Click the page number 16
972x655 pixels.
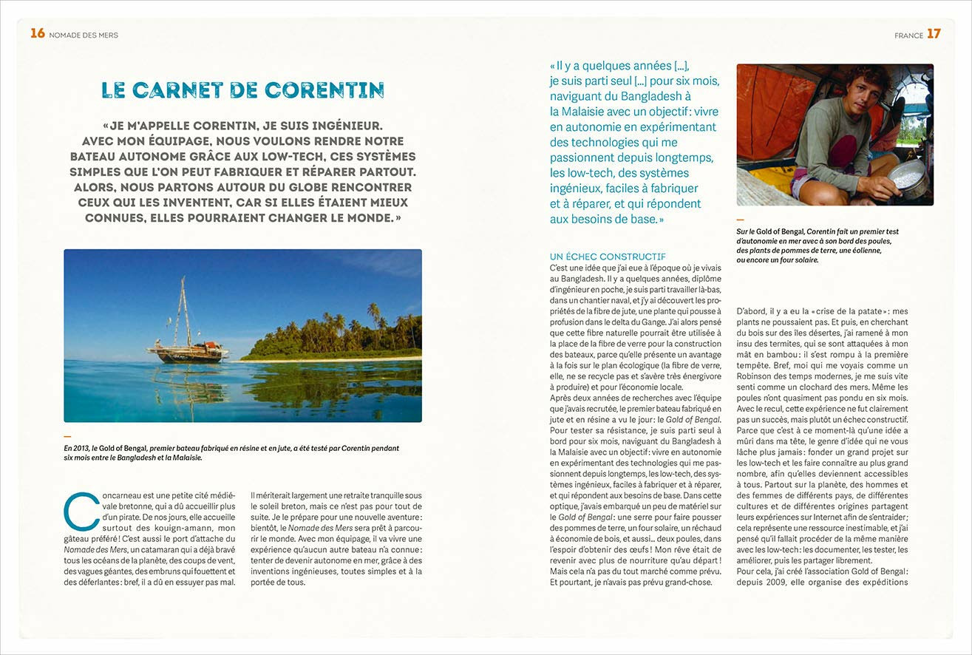pos(38,33)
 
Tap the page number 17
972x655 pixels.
pos(934,33)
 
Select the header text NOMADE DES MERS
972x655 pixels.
pos(84,35)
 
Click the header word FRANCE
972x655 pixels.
pos(908,35)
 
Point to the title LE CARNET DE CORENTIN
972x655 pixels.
pos(242,90)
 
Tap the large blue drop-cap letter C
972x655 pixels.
pos(80,511)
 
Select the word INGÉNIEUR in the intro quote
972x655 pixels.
pos(358,126)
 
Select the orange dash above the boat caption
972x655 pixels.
pos(67,436)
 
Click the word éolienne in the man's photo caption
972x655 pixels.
pos(863,250)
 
